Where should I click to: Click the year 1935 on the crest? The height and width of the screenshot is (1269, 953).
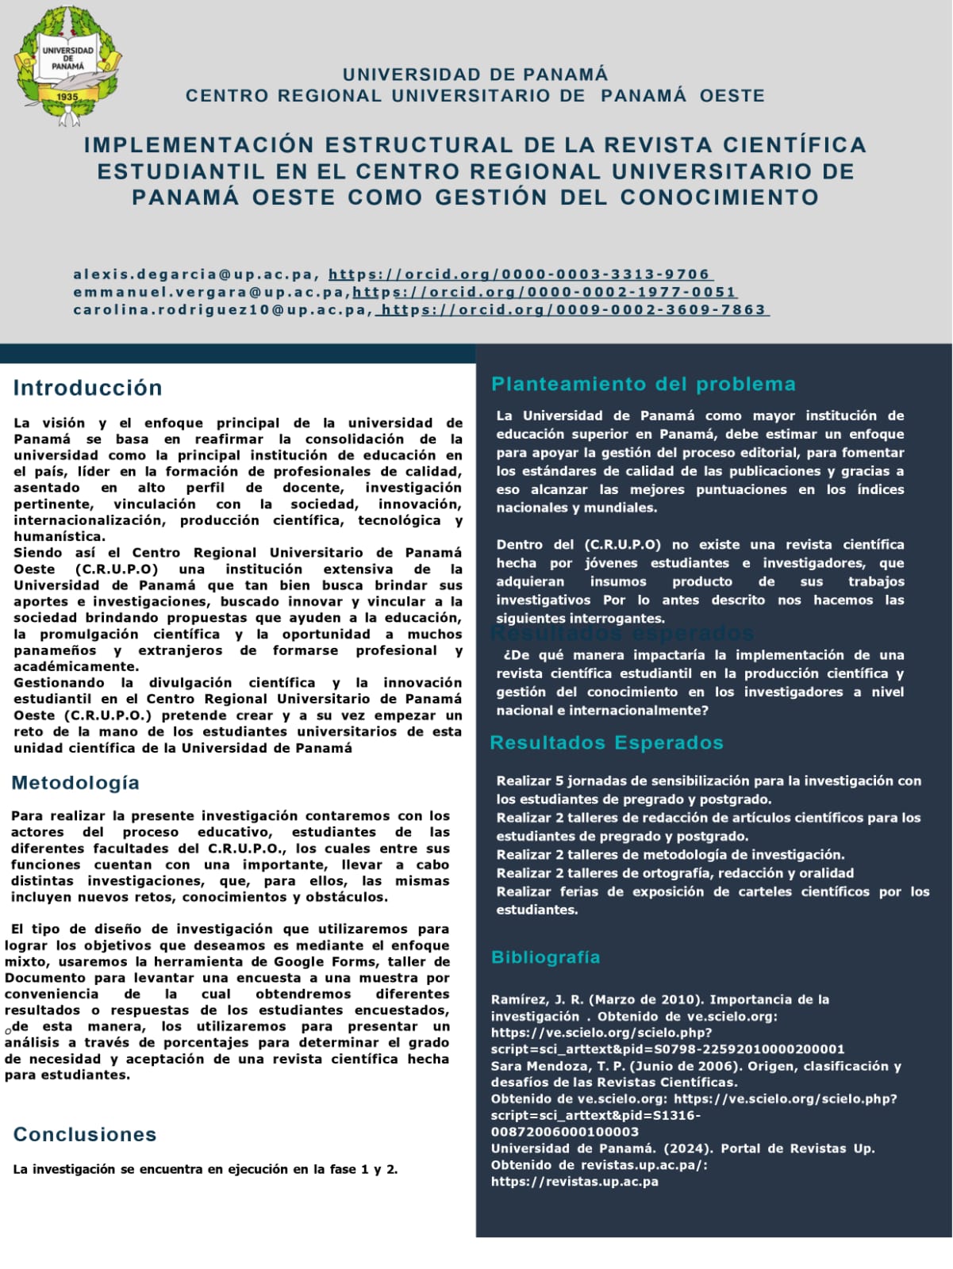click(67, 97)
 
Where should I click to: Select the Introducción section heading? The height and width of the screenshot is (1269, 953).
click(87, 388)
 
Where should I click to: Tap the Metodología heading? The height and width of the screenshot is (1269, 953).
click(75, 783)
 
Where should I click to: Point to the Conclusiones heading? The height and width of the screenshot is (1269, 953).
click(85, 1134)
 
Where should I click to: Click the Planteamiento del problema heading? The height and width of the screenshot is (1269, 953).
click(643, 384)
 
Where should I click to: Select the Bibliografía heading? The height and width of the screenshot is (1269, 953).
click(545, 957)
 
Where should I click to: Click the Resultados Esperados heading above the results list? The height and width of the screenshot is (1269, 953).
click(606, 743)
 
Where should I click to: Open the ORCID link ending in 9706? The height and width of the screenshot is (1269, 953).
click(521, 274)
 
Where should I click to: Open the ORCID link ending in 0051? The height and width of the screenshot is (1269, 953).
click(545, 292)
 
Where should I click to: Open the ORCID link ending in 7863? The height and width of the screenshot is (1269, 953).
click(573, 309)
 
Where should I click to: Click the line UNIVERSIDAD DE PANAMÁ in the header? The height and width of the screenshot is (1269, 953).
click(475, 75)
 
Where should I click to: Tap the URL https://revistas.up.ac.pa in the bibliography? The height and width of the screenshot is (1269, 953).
click(574, 1182)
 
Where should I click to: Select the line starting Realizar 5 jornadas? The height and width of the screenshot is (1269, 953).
click(709, 781)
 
